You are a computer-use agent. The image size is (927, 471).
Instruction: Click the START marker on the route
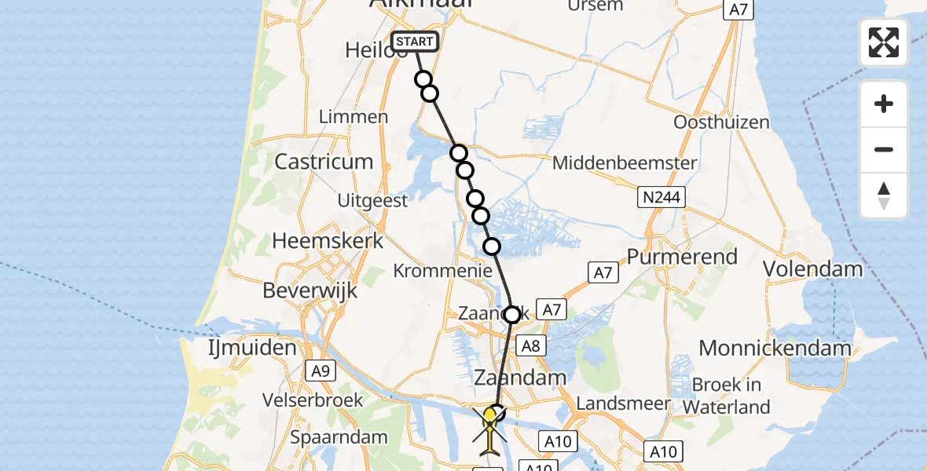[x=415, y=42]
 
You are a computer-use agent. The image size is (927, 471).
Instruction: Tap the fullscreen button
[x=884, y=42]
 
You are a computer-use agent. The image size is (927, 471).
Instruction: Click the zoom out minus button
[x=884, y=150]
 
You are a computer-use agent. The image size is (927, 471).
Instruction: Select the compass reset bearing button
[x=884, y=195]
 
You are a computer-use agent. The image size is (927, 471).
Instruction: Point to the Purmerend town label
[x=682, y=257]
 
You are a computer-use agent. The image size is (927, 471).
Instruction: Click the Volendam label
[x=813, y=269]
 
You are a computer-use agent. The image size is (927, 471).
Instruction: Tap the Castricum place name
[x=324, y=162]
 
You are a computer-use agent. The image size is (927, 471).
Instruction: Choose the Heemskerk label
[x=328, y=241]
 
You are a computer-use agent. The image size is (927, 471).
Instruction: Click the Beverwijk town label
[x=310, y=290]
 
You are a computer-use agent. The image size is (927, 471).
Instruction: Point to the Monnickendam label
[x=775, y=348]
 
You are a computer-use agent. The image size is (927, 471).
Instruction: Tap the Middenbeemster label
[x=625, y=163]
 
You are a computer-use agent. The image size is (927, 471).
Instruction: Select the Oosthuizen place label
[x=721, y=122]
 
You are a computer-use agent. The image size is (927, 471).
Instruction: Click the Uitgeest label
[x=372, y=201]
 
